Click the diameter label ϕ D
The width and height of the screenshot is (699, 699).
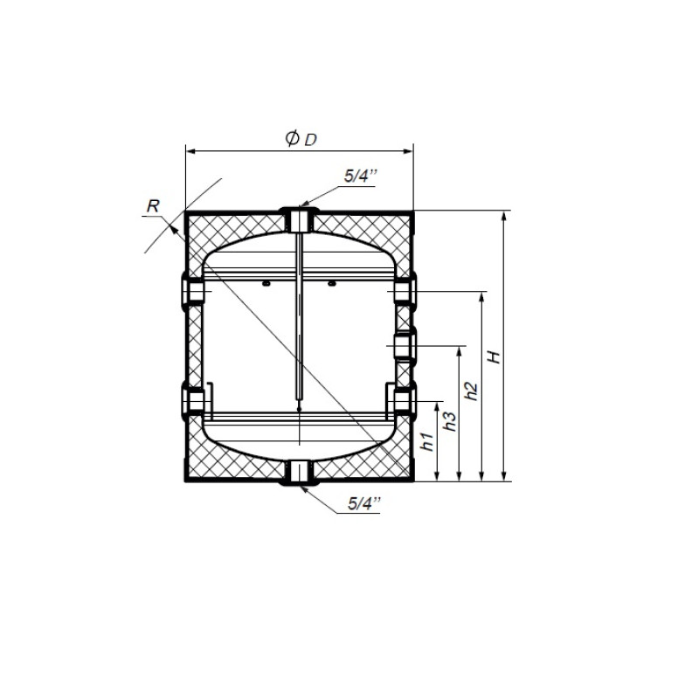[x=301, y=139]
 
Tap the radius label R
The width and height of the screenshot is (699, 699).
[x=153, y=206]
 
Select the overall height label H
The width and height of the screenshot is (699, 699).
[x=494, y=356]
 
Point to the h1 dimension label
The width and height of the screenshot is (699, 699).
[x=428, y=441]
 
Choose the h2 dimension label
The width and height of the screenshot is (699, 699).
[x=471, y=391]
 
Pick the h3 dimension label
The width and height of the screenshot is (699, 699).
[x=450, y=421]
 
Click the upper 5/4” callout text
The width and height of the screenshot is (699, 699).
[x=360, y=176]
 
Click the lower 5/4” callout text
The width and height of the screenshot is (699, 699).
[x=364, y=504]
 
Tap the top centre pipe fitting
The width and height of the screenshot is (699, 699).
[x=299, y=219]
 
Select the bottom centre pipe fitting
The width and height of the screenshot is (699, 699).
[x=299, y=473]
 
